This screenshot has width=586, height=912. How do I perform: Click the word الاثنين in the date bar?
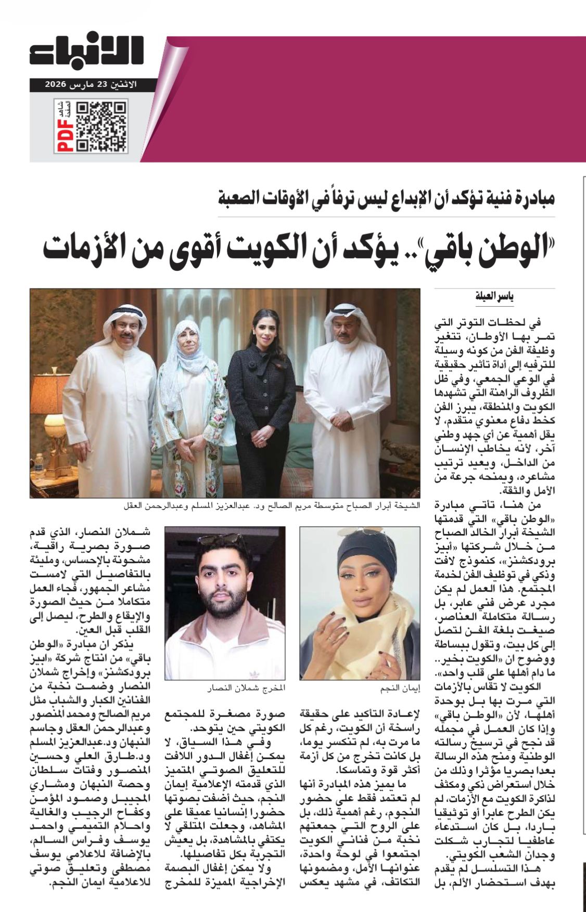[126, 83]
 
